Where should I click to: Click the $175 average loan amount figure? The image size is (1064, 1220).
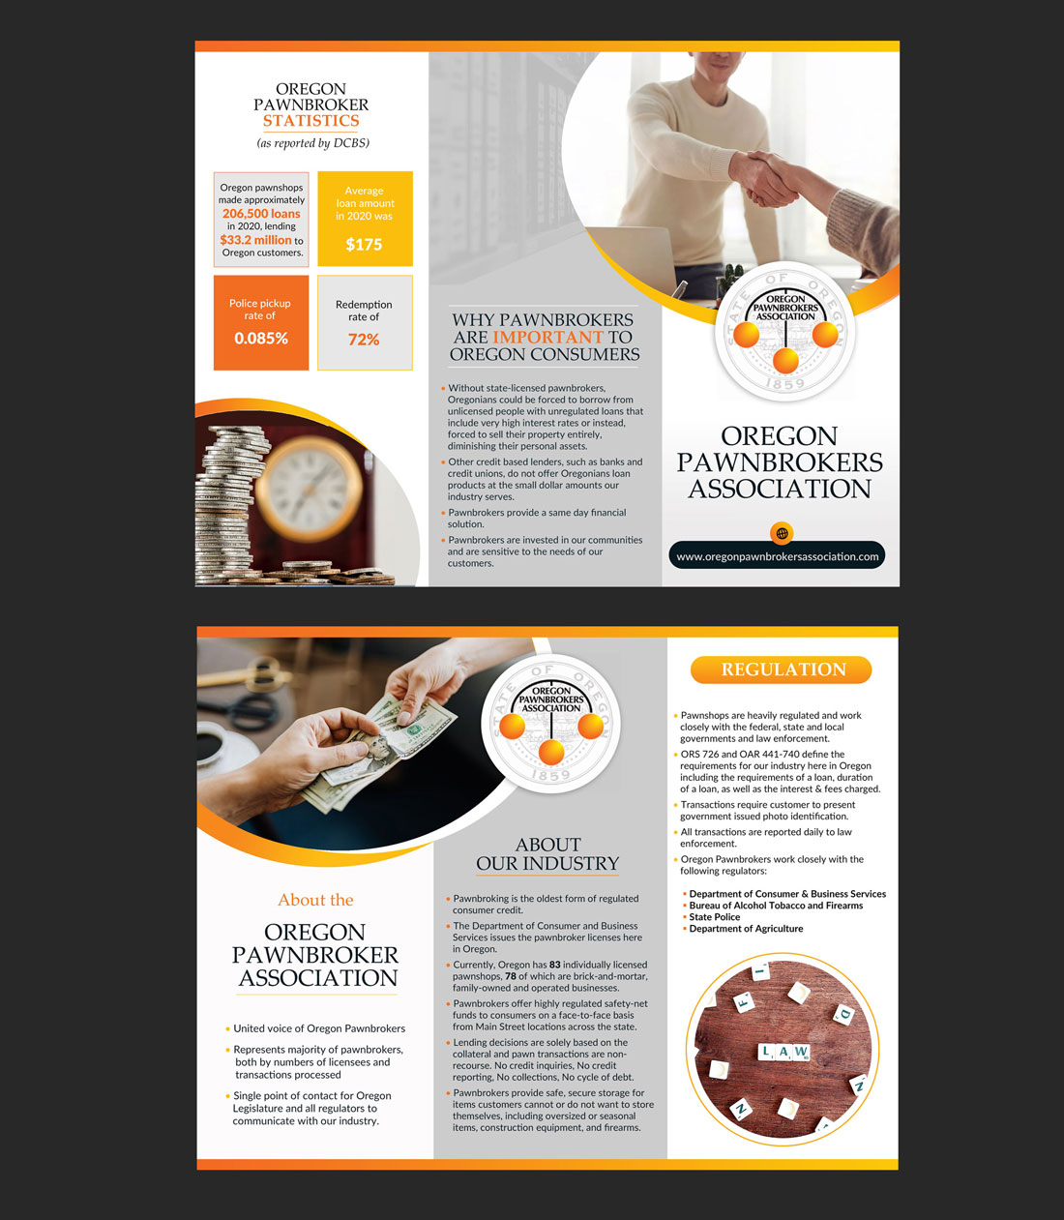tap(364, 245)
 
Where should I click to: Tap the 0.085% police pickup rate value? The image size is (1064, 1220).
tap(261, 339)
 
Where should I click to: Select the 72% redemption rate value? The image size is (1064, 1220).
tap(364, 340)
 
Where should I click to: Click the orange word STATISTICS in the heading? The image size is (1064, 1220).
tap(311, 121)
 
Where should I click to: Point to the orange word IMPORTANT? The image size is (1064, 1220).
tap(547, 338)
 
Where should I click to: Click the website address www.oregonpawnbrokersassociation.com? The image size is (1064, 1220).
tap(777, 557)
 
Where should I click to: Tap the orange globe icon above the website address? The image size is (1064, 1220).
tap(782, 533)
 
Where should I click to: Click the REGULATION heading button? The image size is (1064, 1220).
tap(781, 670)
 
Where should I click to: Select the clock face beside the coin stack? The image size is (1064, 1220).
tap(309, 489)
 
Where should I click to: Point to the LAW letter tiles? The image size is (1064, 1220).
tap(783, 1052)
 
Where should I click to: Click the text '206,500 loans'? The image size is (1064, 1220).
tap(261, 214)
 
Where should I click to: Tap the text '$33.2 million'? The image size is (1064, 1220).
tap(255, 240)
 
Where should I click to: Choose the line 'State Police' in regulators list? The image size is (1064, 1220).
tap(714, 917)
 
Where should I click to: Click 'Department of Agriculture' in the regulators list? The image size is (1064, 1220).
tap(746, 929)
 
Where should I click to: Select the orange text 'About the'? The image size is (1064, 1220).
tap(315, 900)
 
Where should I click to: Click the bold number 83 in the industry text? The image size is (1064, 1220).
tap(554, 965)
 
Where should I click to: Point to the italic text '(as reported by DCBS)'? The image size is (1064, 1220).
tap(313, 143)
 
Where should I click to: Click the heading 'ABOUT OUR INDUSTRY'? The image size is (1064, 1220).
tap(547, 854)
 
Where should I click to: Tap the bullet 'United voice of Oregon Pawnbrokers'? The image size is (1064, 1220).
tap(319, 1028)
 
